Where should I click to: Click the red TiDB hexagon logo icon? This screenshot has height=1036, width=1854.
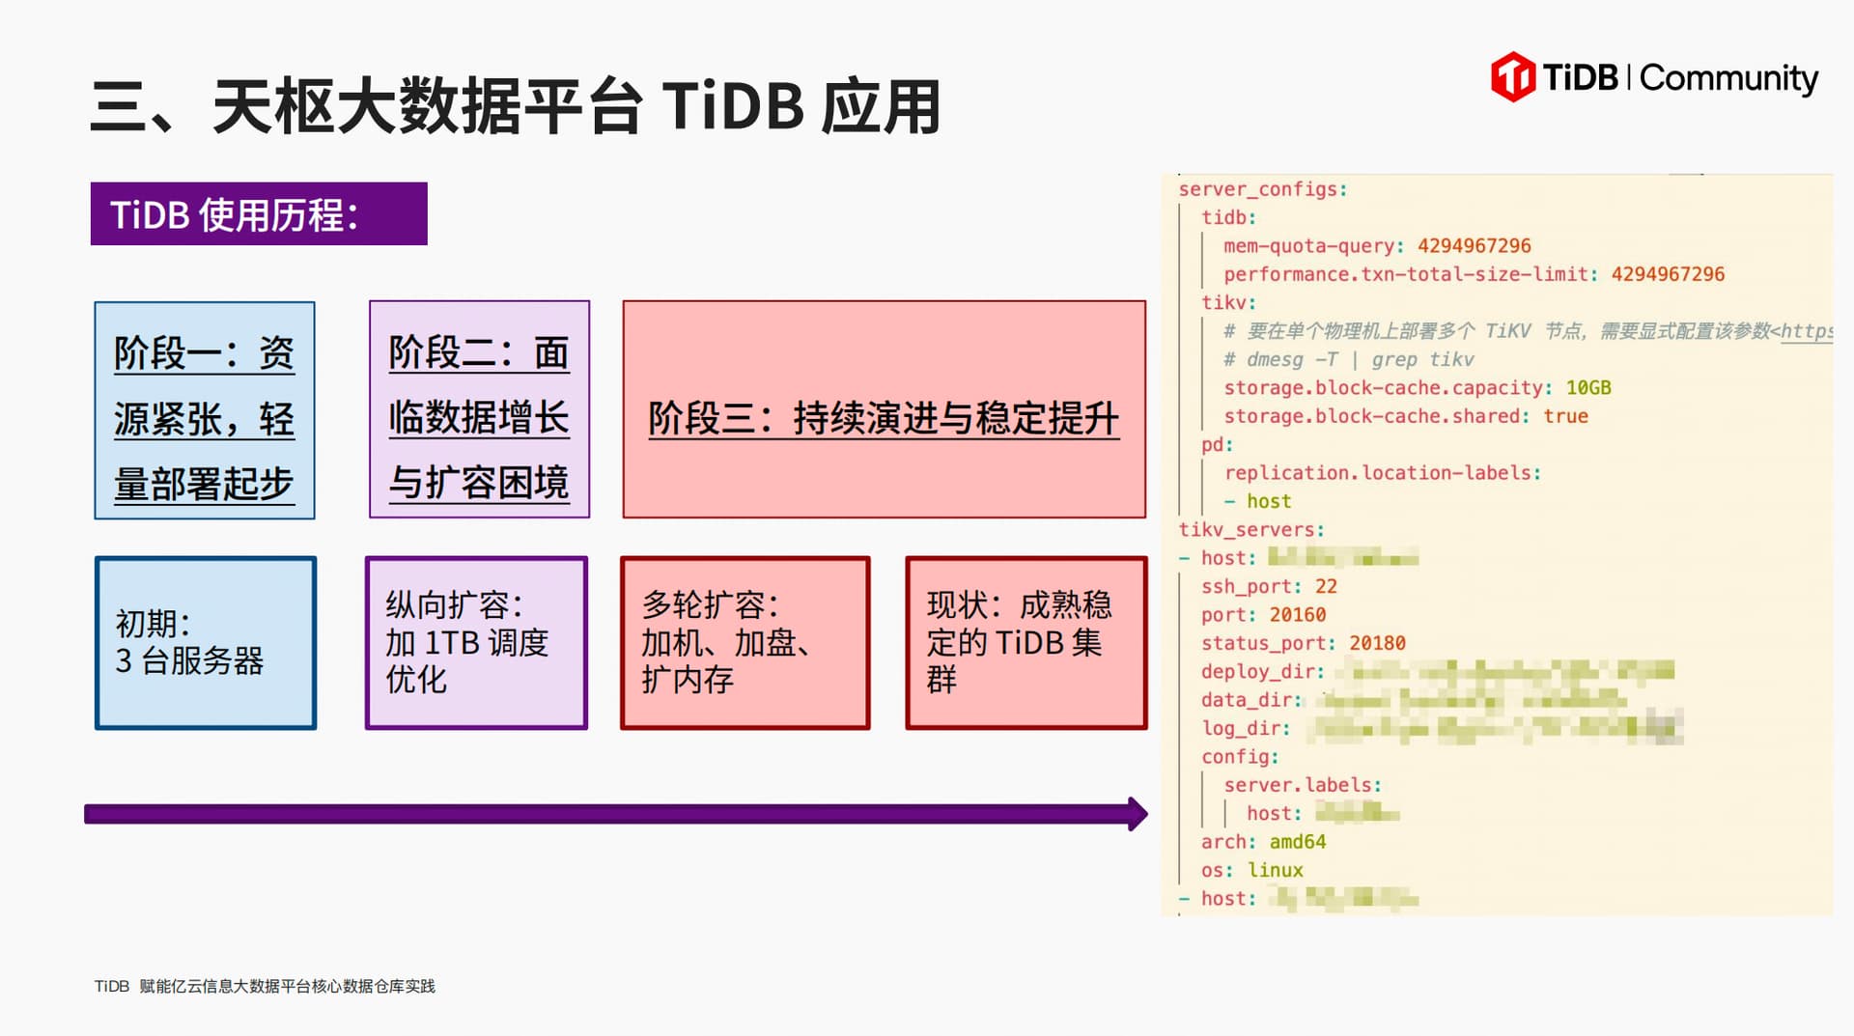pyautogui.click(x=1512, y=77)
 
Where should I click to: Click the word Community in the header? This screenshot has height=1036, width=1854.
pyautogui.click(x=1728, y=77)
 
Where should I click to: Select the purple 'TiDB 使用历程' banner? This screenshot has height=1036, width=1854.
pyautogui.click(x=259, y=214)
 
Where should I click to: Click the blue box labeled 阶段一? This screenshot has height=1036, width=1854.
pyautogui.click(x=205, y=410)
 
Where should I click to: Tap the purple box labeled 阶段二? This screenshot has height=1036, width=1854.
pyautogui.click(x=479, y=409)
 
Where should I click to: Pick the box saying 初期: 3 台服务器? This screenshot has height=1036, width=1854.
pyautogui.click(x=206, y=642)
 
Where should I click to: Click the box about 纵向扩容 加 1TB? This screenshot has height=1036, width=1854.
pyautogui.click(x=476, y=642)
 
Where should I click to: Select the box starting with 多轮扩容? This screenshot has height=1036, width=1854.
pyautogui.click(x=744, y=642)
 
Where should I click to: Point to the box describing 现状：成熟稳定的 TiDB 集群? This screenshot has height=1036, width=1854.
pyautogui.click(x=1025, y=642)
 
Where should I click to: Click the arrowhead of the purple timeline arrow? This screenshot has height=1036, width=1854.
pyautogui.click(x=1137, y=814)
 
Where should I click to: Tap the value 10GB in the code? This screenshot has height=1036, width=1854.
pyautogui.click(x=1588, y=388)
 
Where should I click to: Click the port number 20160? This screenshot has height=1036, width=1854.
pyautogui.click(x=1298, y=615)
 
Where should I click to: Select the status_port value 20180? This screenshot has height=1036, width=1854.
pyautogui.click(x=1377, y=643)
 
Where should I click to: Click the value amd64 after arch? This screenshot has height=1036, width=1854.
pyautogui.click(x=1298, y=842)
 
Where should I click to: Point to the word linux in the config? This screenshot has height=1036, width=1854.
pyautogui.click(x=1275, y=871)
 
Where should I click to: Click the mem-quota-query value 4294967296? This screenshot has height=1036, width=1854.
pyautogui.click(x=1474, y=246)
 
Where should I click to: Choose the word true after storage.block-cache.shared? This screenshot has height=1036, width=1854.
pyautogui.click(x=1565, y=416)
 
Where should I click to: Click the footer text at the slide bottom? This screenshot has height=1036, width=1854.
pyautogui.click(x=265, y=986)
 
